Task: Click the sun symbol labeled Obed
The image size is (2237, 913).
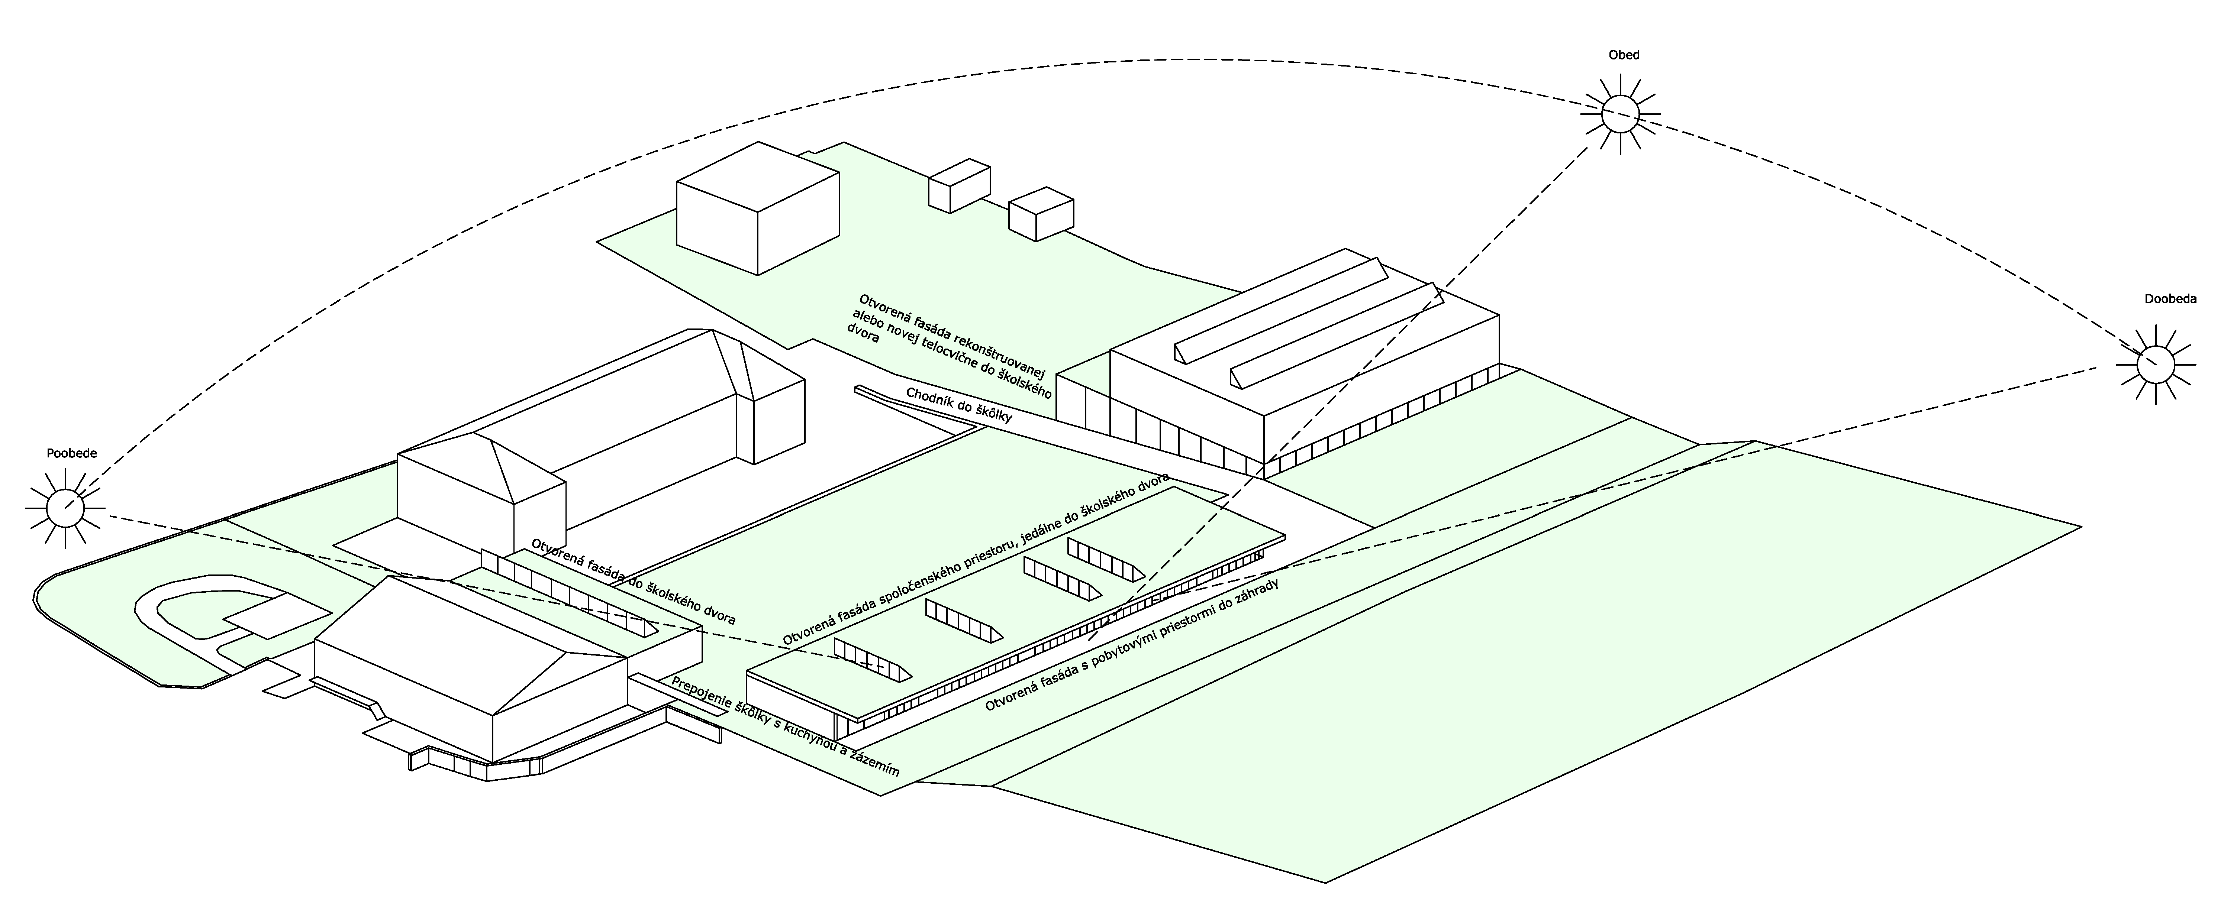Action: (1619, 114)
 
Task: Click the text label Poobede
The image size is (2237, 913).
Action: (72, 453)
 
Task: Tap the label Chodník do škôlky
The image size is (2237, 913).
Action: (959, 405)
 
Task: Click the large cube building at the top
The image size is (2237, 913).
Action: (757, 208)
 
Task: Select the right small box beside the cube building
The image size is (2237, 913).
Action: (1040, 214)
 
